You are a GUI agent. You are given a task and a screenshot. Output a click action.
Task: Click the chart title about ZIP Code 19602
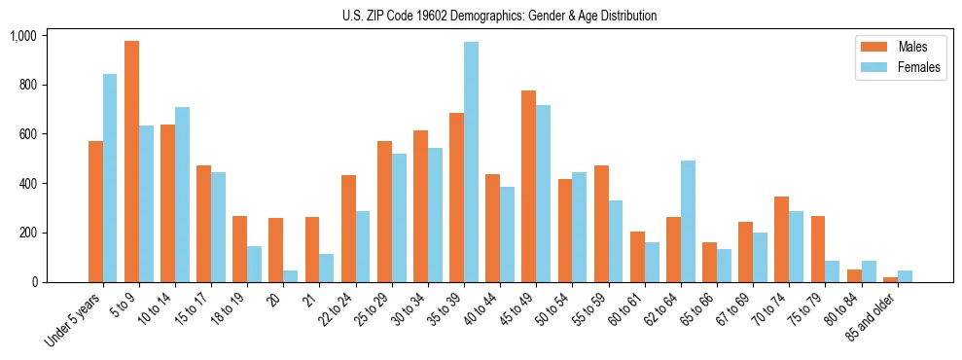[499, 16]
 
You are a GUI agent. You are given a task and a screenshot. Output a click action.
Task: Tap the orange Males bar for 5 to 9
[131, 162]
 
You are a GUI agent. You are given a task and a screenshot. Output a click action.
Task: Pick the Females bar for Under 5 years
[110, 178]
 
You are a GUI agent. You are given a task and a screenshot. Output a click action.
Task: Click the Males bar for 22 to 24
[348, 229]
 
